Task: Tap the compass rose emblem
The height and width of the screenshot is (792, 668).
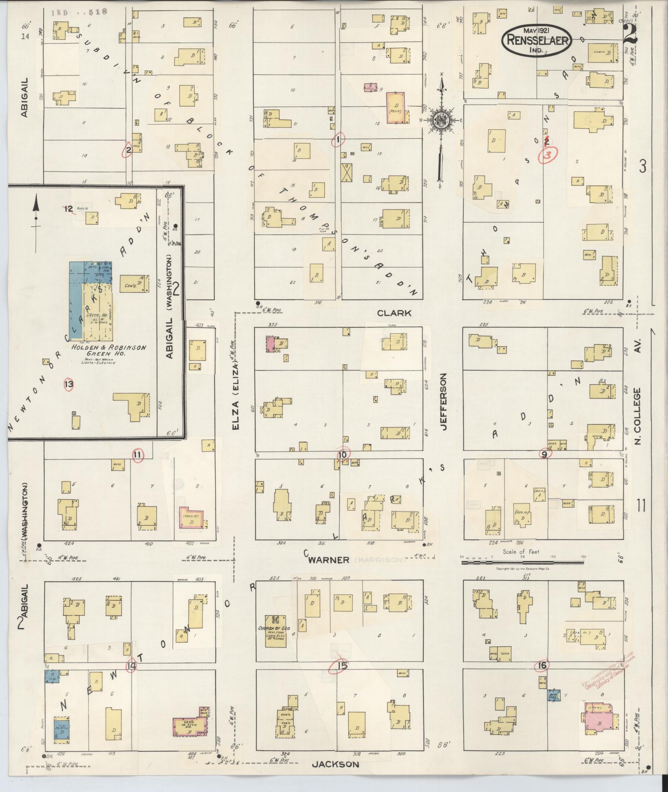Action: tap(442, 120)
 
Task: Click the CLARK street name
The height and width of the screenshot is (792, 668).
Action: tap(394, 313)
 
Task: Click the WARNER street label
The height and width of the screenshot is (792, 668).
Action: tap(329, 560)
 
